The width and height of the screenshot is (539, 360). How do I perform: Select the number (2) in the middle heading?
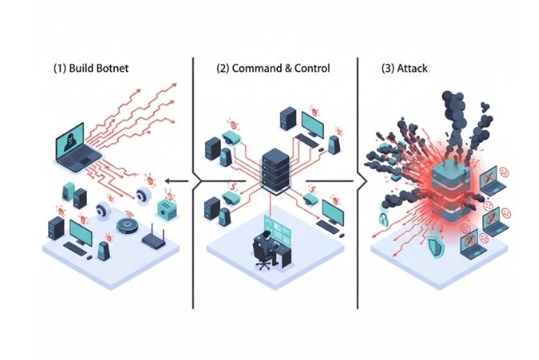(223, 68)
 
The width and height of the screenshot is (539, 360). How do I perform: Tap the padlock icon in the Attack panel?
(385, 219)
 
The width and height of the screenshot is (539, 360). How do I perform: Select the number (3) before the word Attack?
(388, 68)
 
